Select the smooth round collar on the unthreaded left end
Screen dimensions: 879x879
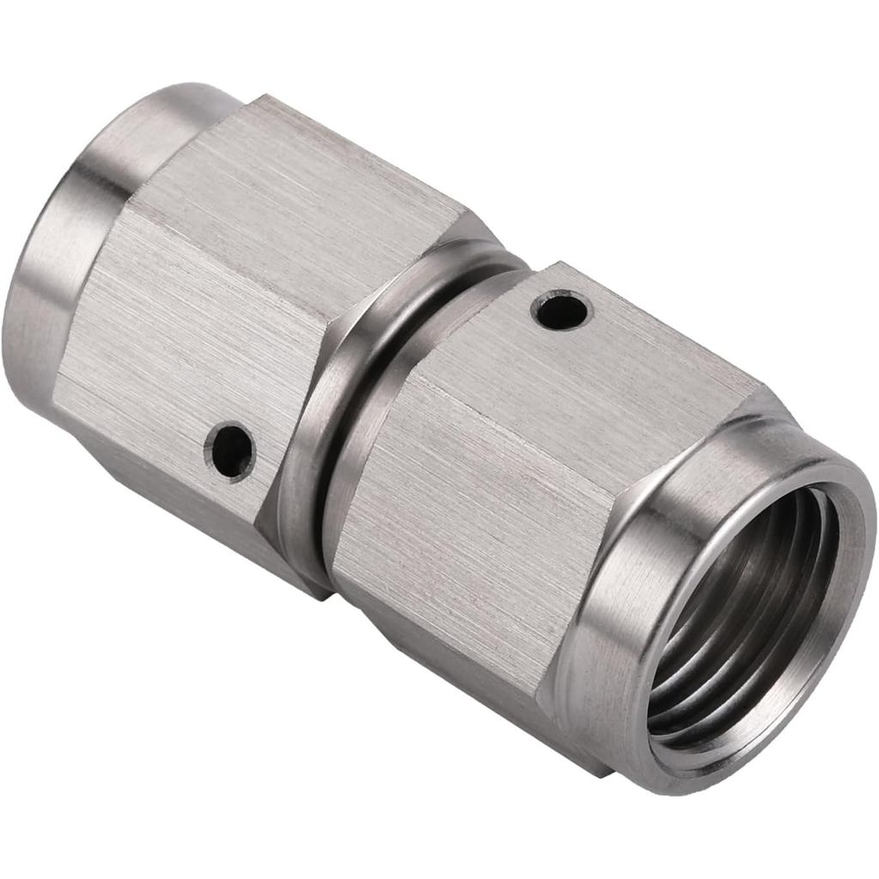[x=52, y=258]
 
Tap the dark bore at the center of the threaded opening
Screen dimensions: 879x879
[x=755, y=601]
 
